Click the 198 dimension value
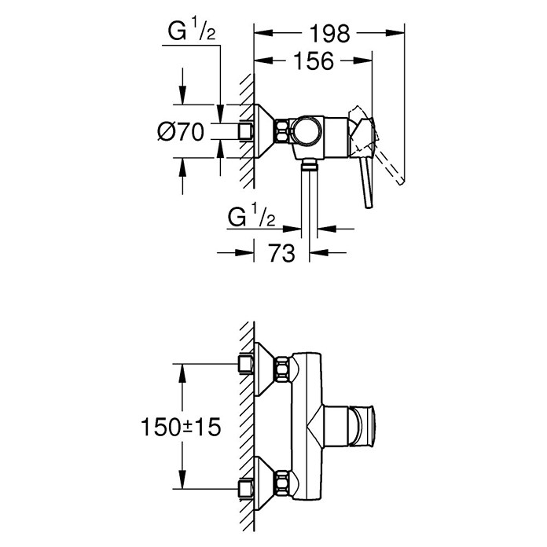329,34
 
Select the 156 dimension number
314,61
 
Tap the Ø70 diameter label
181,132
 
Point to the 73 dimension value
281,252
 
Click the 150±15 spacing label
181,427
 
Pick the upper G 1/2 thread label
192,31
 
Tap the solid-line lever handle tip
369,205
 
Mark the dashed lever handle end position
401,181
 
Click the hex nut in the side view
282,130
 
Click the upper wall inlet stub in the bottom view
245,364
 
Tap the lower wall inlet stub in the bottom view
245,488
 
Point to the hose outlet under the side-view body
310,165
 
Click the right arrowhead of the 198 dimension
395,33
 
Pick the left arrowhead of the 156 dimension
263,61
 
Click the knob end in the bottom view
369,426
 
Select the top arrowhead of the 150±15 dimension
182,373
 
